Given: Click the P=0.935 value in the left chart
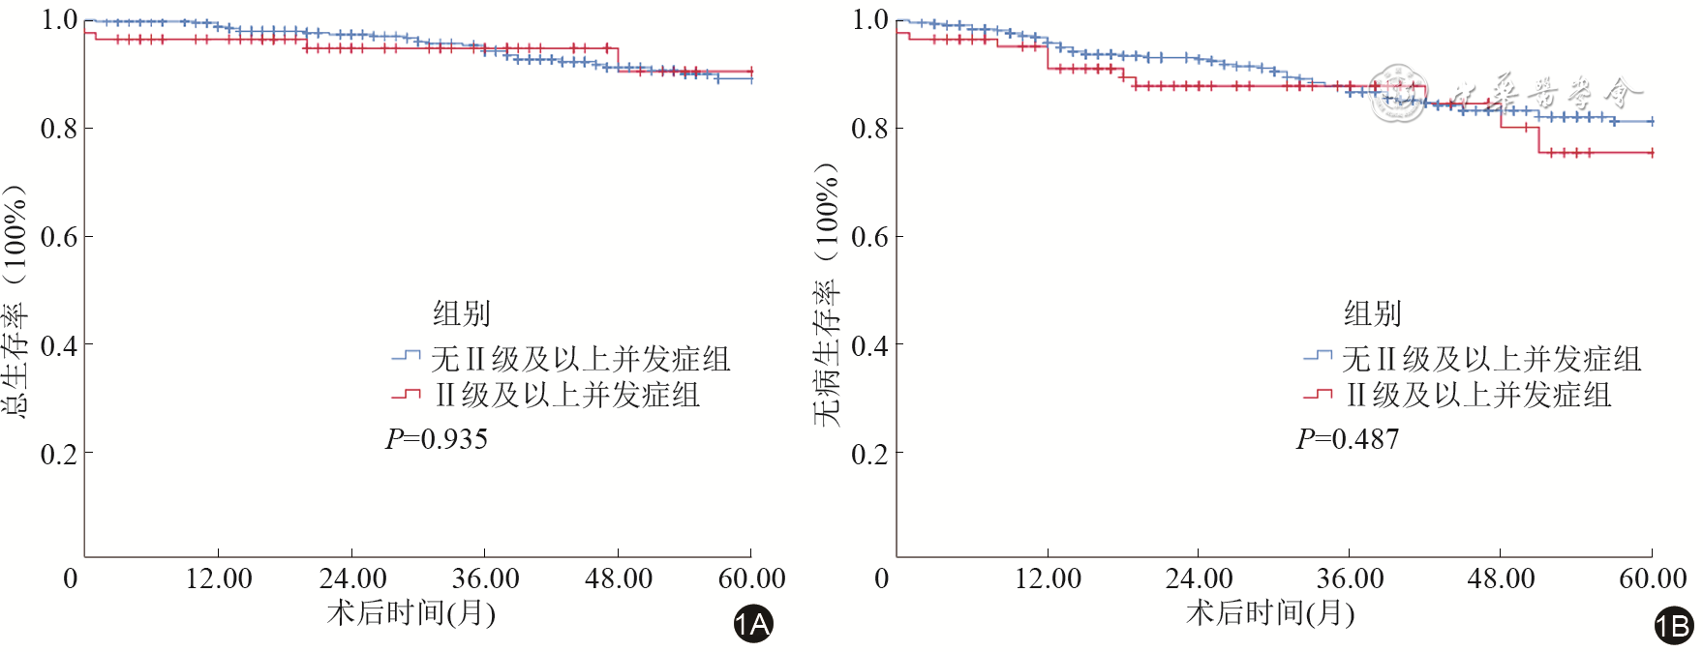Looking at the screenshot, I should [437, 439].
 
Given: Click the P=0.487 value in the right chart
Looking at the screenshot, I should [1348, 439].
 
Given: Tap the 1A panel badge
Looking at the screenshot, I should [752, 624].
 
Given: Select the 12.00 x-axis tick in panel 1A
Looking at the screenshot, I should [219, 578].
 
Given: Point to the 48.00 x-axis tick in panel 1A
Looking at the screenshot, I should [619, 578].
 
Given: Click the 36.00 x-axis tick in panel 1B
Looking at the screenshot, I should [1350, 578].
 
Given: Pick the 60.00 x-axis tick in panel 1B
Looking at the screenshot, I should [1653, 578].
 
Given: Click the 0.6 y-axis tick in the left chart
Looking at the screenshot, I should [59, 237].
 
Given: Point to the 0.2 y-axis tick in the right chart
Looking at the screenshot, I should [869, 454].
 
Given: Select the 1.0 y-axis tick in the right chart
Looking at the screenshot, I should [869, 19].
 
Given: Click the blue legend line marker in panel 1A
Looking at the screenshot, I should [406, 357].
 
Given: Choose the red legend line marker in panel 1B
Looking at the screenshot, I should [1317, 394].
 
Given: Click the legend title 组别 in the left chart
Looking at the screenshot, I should [461, 313].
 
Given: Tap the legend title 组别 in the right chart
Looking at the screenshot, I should [1372, 313].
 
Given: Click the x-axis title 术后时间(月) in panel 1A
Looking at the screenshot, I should [411, 612].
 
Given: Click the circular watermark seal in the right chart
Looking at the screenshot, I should [1398, 95].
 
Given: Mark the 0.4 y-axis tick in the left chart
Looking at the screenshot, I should [59, 345].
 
